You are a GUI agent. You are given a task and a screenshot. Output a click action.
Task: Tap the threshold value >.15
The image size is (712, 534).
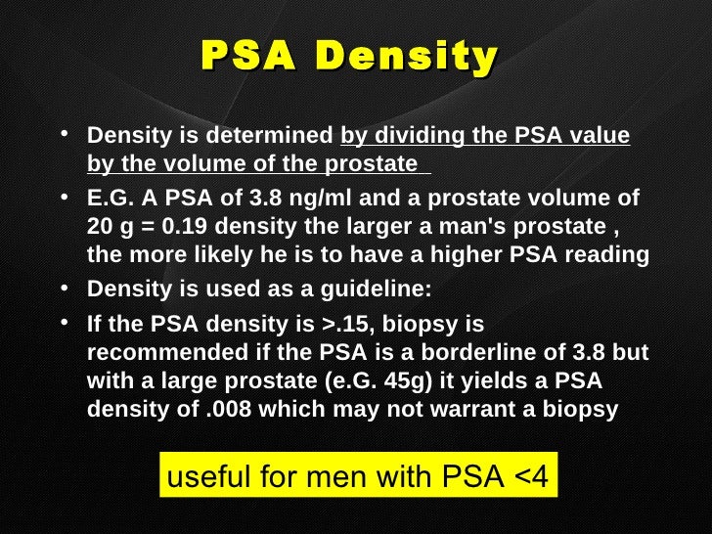pos(345,324)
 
